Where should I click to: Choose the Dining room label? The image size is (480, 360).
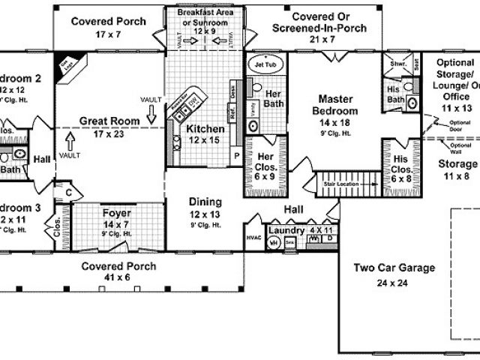(205, 202)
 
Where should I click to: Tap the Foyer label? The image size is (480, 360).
(116, 213)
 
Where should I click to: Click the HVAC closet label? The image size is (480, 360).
(252, 238)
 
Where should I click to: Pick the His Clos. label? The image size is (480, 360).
(397, 163)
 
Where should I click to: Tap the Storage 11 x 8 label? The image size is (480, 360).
(457, 163)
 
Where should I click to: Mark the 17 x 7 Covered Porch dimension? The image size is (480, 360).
(98, 34)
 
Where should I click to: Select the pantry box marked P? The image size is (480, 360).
(236, 156)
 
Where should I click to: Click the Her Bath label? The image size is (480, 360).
(274, 97)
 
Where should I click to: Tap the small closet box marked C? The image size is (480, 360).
(68, 192)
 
